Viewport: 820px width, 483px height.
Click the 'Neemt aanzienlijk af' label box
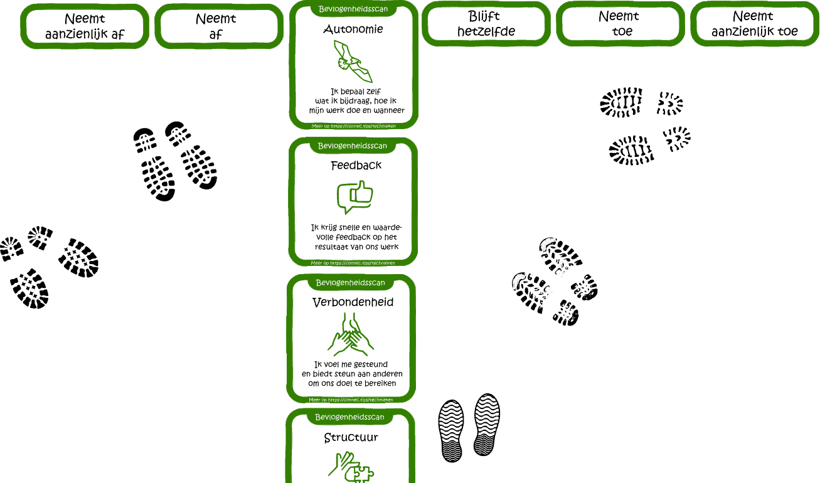click(85, 26)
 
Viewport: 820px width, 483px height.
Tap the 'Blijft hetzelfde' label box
click(486, 24)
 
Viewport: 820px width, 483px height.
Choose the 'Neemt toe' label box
click(620, 24)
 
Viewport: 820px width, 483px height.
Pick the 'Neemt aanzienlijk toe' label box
click(755, 24)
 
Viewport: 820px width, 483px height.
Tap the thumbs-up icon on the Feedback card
click(355, 197)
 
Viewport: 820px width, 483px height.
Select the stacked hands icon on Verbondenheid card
click(350, 335)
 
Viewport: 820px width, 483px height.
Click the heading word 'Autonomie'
click(353, 29)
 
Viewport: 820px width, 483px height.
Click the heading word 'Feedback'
click(356, 166)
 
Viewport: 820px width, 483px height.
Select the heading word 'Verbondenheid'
click(353, 302)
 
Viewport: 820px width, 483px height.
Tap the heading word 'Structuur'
click(351, 437)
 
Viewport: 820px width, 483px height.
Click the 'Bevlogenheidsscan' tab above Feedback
click(353, 146)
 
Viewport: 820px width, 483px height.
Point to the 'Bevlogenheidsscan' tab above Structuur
click(349, 417)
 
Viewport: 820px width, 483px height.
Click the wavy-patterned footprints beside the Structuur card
click(469, 428)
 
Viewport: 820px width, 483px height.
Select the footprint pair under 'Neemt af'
click(175, 159)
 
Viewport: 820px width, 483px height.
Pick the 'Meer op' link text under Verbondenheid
click(351, 400)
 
